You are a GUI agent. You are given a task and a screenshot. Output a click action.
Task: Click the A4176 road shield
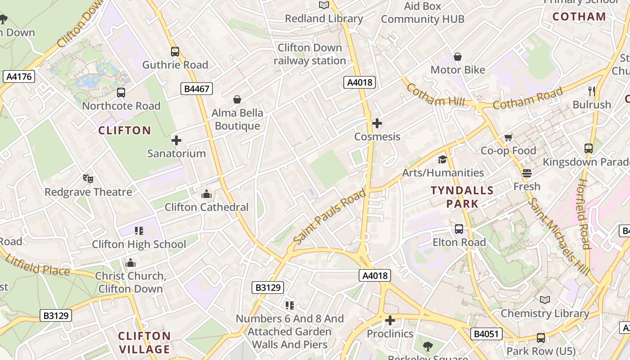19,76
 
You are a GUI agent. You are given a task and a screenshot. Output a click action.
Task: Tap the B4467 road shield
197,89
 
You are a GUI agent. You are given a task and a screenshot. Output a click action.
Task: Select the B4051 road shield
486,334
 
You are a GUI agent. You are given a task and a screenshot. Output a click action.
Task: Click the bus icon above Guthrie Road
175,52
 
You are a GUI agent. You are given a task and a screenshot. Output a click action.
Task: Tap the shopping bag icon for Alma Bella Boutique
237,99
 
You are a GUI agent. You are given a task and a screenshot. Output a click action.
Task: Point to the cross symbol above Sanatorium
176,140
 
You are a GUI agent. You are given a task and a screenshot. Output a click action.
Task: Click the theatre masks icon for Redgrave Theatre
88,179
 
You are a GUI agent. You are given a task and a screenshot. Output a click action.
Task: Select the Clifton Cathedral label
207,207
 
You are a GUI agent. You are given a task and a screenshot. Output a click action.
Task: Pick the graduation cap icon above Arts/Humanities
442,159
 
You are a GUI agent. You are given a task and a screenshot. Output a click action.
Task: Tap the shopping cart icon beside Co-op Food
508,137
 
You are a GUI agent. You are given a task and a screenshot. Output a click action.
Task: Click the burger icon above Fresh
527,173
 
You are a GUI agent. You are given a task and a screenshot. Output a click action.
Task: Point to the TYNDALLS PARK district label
462,197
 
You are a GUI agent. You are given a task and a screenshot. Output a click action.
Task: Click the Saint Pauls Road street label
329,217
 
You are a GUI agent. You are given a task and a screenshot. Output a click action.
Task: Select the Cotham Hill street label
435,94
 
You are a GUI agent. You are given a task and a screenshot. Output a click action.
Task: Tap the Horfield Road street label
584,213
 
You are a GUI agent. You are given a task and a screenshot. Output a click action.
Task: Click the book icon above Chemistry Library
545,300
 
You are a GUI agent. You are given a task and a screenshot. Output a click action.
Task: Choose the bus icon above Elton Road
459,229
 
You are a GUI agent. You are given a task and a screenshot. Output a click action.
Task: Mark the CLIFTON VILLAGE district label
144,342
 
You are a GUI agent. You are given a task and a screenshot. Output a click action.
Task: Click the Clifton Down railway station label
310,54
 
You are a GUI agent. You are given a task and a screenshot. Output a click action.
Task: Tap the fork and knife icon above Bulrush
592,91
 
